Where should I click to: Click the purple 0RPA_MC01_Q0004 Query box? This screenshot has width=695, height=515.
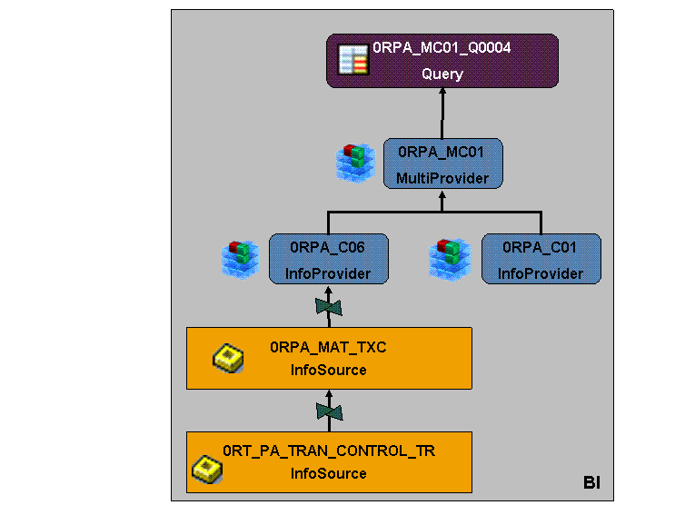[x=442, y=61]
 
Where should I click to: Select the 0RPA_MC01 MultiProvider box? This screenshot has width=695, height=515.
[x=442, y=163]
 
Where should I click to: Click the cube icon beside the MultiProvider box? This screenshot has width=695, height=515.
[x=355, y=161]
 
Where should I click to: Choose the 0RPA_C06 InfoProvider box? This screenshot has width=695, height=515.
[x=328, y=259]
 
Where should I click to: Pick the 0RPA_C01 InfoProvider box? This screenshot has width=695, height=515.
[x=541, y=259]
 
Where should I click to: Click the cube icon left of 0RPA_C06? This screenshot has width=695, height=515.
[x=239, y=258]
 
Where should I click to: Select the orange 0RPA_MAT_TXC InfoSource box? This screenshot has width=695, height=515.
[x=329, y=358]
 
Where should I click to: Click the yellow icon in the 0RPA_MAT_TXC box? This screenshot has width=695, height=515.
[x=227, y=359]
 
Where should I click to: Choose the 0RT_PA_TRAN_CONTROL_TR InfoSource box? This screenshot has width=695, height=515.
[x=329, y=462]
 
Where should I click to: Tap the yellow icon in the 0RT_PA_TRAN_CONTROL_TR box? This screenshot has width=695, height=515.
[x=208, y=470]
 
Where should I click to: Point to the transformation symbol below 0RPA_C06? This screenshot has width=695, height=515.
[x=328, y=307]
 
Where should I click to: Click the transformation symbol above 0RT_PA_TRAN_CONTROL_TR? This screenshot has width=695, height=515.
[x=329, y=411]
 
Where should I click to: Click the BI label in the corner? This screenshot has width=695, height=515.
[x=591, y=481]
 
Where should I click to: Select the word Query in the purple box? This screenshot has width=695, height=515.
[x=442, y=74]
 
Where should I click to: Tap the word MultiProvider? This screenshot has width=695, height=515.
[x=442, y=178]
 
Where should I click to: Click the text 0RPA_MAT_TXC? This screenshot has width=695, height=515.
[x=328, y=346]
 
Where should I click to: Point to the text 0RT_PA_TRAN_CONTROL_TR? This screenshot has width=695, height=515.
[x=329, y=451]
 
